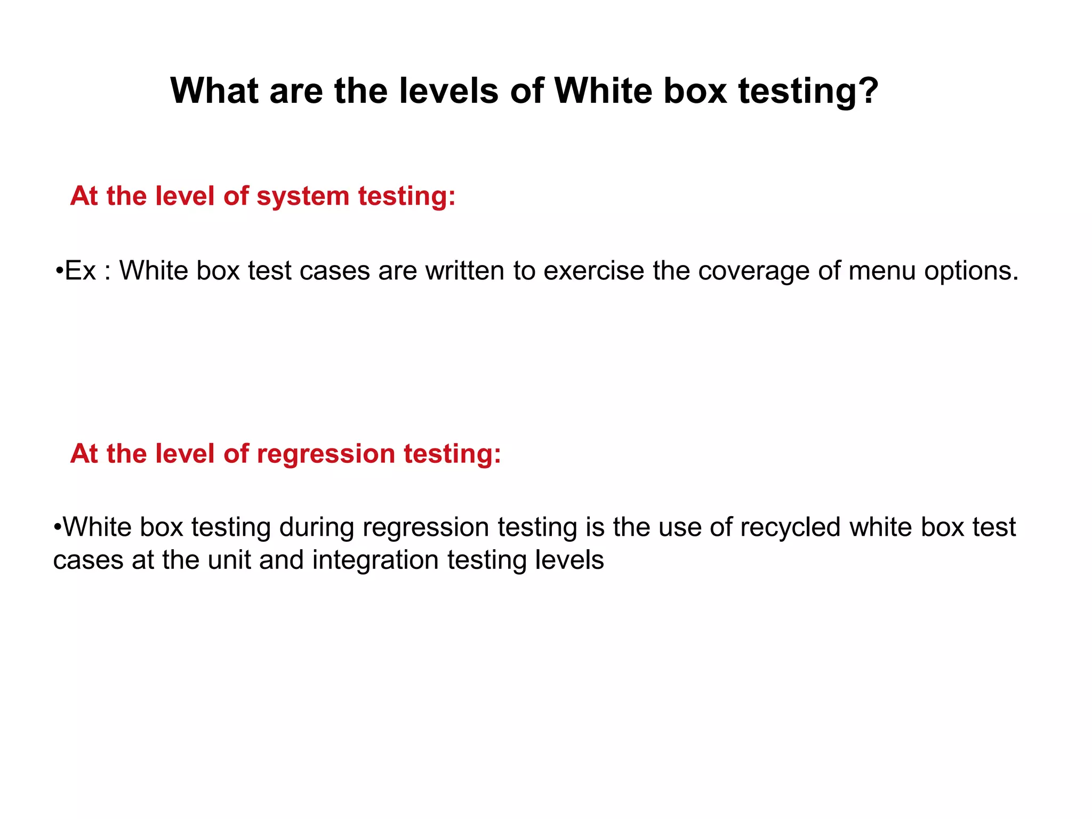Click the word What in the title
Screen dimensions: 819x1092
coord(214,91)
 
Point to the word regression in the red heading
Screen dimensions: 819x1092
coord(326,454)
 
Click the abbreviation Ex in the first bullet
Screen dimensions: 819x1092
coord(80,271)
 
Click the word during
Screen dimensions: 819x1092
coord(317,527)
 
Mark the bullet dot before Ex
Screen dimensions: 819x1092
coord(59,271)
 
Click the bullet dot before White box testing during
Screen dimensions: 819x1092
coord(58,527)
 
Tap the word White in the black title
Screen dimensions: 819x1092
coord(603,91)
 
